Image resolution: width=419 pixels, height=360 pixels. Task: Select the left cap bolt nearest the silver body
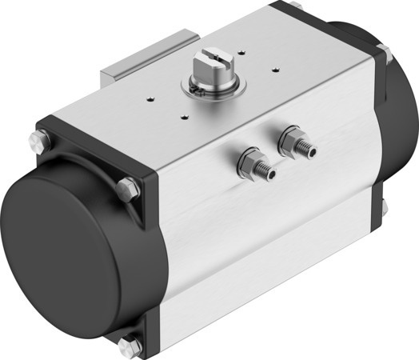tap(124, 190)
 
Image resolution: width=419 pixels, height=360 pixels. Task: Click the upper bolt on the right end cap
tap(383, 54)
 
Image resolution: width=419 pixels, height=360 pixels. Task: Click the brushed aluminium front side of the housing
tap(264, 240)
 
